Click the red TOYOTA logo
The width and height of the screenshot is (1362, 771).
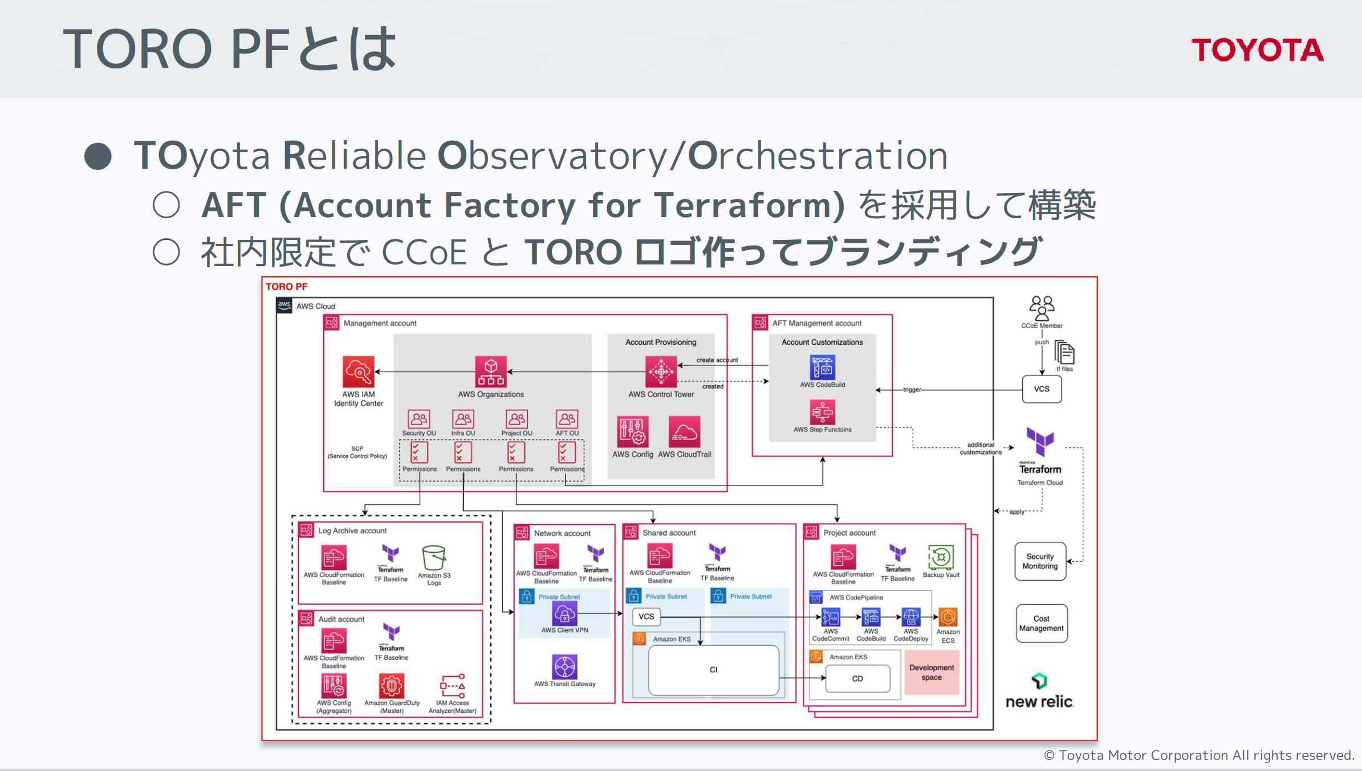1257,50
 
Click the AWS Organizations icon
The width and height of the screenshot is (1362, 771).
491,372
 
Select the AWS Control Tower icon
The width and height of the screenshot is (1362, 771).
661,372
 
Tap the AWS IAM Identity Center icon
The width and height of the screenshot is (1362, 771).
359,372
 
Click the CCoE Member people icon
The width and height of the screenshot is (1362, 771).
1042,308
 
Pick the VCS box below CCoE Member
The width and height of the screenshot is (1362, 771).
1042,389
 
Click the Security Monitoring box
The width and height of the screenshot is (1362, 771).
1040,561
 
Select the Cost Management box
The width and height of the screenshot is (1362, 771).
1041,623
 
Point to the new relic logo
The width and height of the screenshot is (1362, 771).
1039,692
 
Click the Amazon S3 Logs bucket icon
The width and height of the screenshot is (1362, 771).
434,557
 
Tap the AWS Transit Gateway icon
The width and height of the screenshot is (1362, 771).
564,667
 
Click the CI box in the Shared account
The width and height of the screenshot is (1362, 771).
713,670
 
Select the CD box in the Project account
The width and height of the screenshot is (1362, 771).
857,679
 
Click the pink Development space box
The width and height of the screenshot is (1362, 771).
932,672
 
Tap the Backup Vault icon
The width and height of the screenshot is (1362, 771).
941,557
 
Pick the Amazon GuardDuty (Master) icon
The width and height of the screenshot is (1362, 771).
392,686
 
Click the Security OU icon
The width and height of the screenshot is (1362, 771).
418,419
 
